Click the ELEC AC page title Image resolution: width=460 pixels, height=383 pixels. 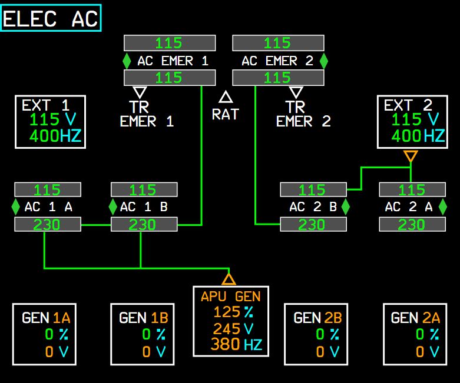coord(51,18)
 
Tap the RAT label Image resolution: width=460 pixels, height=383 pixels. coord(226,114)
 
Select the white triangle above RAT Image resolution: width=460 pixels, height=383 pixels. coord(226,97)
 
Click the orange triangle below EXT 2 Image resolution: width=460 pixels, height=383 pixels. coord(411,156)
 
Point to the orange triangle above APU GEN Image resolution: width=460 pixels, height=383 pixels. coord(229,279)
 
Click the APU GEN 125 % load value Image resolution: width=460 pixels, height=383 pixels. coord(233,312)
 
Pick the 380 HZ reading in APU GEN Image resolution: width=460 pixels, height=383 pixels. coord(236,344)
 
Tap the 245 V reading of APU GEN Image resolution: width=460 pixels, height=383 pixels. coord(233,328)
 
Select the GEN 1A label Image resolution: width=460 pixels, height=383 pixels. coord(46,318)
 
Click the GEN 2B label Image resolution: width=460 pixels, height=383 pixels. coord(317,318)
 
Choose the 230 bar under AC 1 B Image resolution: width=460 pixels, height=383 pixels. coord(144,225)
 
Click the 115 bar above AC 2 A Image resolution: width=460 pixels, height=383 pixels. coord(412,189)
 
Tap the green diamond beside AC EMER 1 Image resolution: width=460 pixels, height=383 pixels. coord(127,61)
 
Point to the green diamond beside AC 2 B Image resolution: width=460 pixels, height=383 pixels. coord(346,207)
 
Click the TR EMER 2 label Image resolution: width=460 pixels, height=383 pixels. coord(303,114)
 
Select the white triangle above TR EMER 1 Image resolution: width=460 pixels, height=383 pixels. coord(140,92)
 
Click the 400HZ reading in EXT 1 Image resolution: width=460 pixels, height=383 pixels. coord(55,136)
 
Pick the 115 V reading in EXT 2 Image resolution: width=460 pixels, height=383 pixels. coord(415,119)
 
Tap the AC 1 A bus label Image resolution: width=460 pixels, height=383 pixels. coord(48,207)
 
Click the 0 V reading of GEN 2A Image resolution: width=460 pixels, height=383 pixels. coord(428,351)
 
